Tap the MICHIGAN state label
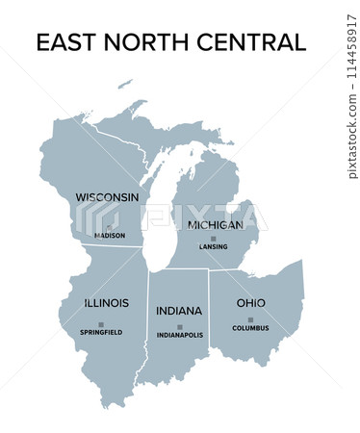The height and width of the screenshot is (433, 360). (x=216, y=224)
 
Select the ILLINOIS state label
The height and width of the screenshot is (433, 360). (x=106, y=302)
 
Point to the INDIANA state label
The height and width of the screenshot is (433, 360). (x=179, y=311)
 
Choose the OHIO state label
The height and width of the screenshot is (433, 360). (x=251, y=303)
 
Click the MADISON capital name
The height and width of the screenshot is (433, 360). (x=110, y=235)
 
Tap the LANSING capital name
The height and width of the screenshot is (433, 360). (x=214, y=247)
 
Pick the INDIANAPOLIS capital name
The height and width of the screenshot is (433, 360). (x=180, y=336)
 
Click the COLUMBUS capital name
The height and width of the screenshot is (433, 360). (x=250, y=328)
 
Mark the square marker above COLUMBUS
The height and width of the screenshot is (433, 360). (x=250, y=319)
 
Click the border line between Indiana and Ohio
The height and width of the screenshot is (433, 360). (x=210, y=308)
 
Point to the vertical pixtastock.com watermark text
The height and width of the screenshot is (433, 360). (x=350, y=115)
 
